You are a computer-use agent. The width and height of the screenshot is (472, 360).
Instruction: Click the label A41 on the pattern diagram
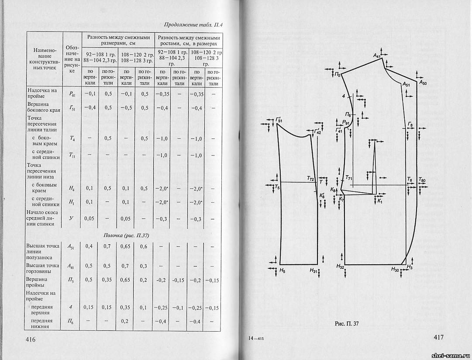[377, 56]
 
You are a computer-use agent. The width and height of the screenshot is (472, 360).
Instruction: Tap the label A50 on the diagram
[423, 83]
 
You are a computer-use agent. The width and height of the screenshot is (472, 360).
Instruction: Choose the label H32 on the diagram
[341, 266]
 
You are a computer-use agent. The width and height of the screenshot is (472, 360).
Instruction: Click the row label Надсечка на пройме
[42, 93]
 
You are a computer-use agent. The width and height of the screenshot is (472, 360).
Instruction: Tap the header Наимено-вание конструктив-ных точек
[45, 59]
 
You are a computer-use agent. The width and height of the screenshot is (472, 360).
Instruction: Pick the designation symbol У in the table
[71, 218]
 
